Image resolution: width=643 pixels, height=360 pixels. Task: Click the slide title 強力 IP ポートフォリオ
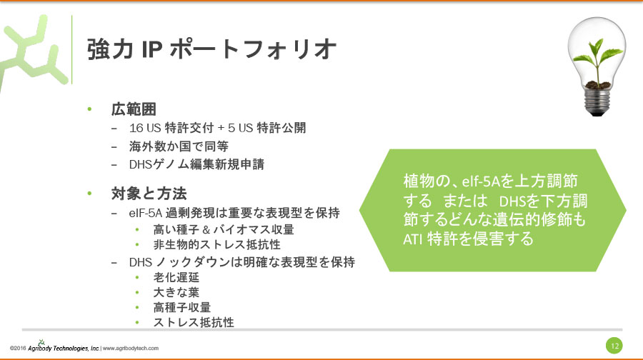(211, 49)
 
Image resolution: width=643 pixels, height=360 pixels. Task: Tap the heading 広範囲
(134, 110)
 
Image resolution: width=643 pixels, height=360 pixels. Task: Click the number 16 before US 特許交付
(136, 129)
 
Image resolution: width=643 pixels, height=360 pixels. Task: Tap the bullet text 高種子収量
(182, 308)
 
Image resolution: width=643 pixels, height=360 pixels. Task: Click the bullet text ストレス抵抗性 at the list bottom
(194, 323)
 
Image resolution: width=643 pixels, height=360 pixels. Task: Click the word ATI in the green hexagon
(412, 239)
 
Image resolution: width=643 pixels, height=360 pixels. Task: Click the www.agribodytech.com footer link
(131, 349)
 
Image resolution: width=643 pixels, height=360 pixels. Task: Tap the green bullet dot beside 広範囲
(89, 110)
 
